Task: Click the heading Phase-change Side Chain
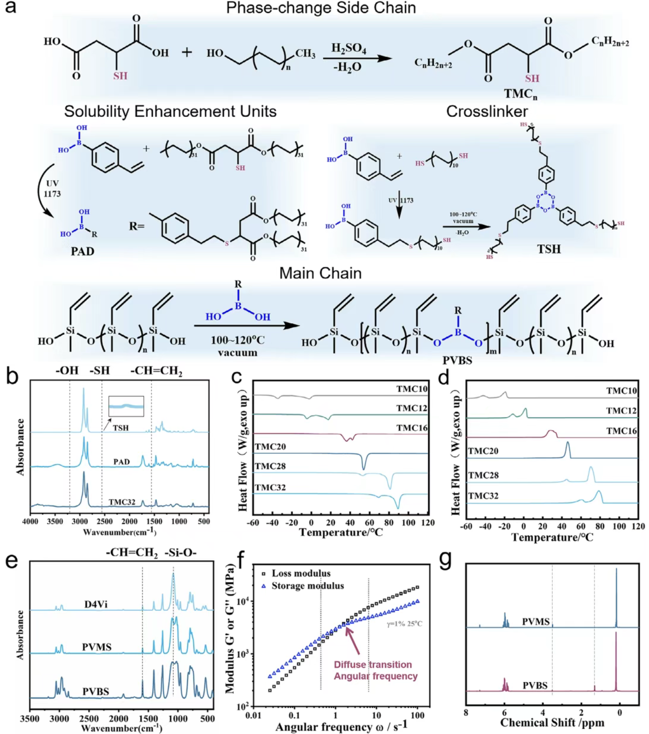(321, 8)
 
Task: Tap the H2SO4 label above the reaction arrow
(349, 48)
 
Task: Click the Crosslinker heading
(487, 111)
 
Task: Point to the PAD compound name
(82, 251)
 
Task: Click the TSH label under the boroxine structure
(549, 249)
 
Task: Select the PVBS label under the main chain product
(457, 360)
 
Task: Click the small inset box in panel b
(126, 406)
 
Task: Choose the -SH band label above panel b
(99, 370)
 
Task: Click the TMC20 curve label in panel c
(270, 447)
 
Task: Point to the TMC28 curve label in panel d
(483, 475)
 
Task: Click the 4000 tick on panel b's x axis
(30, 521)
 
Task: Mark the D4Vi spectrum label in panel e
(96, 604)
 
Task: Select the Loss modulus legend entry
(301, 573)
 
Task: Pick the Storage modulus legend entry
(307, 586)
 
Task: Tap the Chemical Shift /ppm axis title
(552, 723)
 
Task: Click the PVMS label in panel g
(535, 621)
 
